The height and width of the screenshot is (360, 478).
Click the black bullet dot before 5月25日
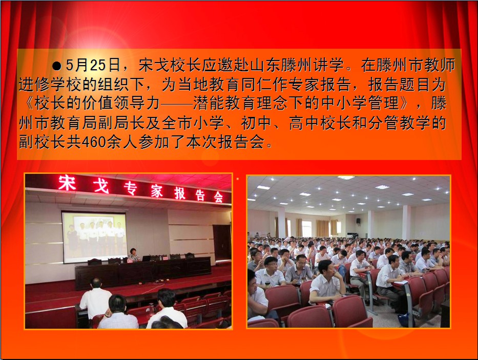coord(57,66)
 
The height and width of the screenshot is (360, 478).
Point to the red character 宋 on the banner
coord(67,183)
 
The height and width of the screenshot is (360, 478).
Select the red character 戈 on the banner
coord(101,185)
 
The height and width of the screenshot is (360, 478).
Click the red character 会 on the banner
coord(218,197)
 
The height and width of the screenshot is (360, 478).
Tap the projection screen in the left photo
coord(94,237)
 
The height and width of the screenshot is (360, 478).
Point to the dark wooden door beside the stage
coord(222,243)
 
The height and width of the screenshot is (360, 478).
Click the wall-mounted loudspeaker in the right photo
coord(358,221)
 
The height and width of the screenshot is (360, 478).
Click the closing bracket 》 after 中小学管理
coord(405,103)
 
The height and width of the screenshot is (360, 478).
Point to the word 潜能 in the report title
coord(209,104)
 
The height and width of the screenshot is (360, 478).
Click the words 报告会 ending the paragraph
coord(241,142)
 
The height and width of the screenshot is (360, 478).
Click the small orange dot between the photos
coord(238,179)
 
